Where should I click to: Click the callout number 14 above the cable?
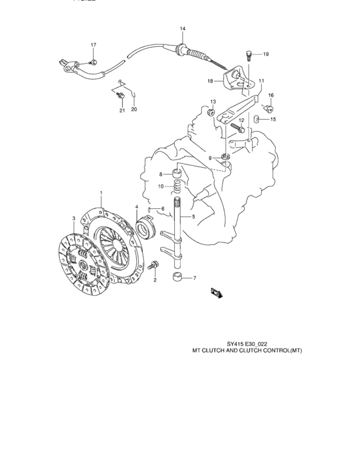pos(183,29)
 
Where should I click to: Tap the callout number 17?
pos(93,45)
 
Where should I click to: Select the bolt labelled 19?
pos(248,55)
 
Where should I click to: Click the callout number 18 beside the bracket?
pos(210,81)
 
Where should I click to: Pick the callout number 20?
pos(134,109)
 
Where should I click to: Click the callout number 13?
pos(213,102)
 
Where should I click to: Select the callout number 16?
pos(271,95)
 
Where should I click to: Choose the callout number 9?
pos(209,157)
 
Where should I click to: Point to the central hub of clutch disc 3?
pos(84,264)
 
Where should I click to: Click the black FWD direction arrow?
pos(215,294)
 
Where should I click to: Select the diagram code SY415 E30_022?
pos(244,344)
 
